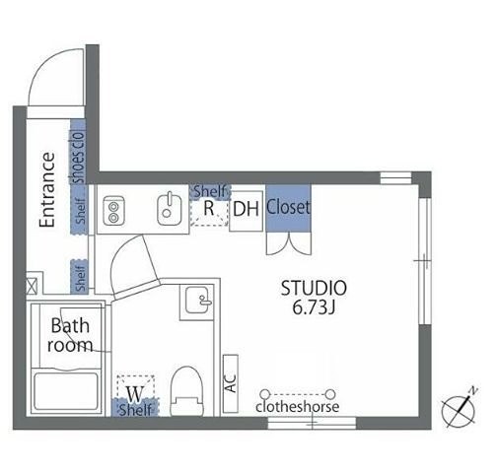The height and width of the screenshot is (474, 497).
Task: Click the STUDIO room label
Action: [314, 288]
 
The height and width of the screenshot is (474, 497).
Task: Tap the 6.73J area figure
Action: [314, 307]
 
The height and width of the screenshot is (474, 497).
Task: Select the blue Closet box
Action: [288, 208]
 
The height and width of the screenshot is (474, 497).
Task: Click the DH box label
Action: [246, 209]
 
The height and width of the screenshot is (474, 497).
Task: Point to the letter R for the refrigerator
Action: [209, 208]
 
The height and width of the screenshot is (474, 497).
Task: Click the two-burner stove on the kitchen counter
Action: [113, 211]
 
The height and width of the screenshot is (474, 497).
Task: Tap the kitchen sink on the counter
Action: [169, 209]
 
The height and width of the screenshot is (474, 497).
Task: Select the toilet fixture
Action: [186, 391]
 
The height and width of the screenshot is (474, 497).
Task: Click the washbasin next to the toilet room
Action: [196, 301]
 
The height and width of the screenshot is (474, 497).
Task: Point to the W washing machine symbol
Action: [135, 394]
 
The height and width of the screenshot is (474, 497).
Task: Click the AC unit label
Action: [231, 383]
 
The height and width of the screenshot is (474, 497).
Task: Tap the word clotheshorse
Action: [298, 407]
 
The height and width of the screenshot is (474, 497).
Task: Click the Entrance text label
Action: [47, 189]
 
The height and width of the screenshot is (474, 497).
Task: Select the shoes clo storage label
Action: [79, 158]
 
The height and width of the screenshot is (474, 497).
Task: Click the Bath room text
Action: [70, 335]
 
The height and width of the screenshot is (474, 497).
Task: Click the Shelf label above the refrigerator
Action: [210, 191]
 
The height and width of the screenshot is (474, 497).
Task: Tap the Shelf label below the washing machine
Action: [135, 410]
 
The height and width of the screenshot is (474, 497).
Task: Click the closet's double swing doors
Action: [288, 243]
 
